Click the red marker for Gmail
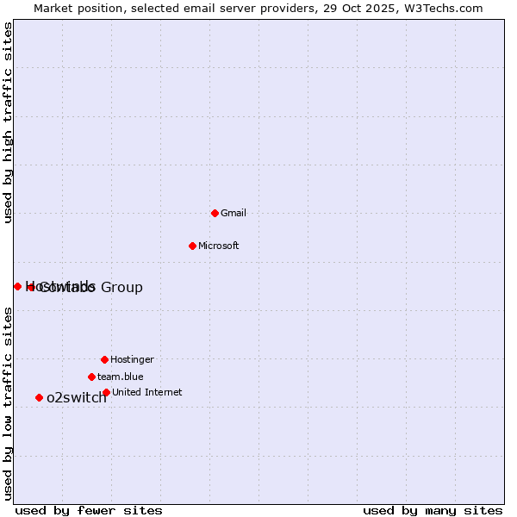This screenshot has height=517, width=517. (x=215, y=213)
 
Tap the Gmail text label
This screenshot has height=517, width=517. (x=234, y=213)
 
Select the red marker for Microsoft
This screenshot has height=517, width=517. (x=192, y=246)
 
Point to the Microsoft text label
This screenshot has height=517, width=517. (x=218, y=246)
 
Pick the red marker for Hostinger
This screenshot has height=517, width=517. (x=104, y=359)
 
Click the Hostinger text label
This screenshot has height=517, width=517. (x=132, y=359)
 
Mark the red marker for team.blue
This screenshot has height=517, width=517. (x=91, y=377)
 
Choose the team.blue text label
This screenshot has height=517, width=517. (x=120, y=377)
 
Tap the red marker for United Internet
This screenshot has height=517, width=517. (x=106, y=392)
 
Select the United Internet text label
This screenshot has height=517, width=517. (x=146, y=392)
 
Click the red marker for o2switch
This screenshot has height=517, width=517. (x=39, y=397)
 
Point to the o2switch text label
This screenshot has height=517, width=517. (x=77, y=397)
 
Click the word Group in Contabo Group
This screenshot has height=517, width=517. (x=122, y=287)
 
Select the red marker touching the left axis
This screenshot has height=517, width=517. (x=17, y=286)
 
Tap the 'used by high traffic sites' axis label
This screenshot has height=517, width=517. (x=9, y=122)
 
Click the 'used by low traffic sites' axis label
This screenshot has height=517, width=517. (x=9, y=402)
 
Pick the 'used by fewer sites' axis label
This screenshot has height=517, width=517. (x=89, y=510)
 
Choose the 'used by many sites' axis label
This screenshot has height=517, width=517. (x=433, y=510)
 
